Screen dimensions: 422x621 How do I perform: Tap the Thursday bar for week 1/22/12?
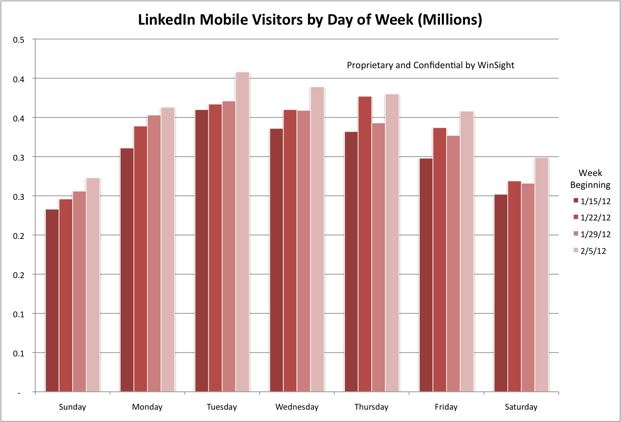365,244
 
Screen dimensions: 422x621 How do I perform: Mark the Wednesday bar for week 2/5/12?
317,239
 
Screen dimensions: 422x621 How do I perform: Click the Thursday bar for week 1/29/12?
378,257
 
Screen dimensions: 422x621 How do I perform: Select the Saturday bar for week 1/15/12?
501,293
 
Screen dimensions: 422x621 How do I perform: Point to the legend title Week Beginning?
590,179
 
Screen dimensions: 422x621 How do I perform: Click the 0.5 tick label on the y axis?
18,40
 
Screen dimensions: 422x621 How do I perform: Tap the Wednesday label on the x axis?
297,407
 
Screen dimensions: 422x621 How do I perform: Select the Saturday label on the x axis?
521,407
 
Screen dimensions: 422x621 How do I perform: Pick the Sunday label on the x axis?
72,407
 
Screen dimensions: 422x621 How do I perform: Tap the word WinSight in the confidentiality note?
496,65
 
